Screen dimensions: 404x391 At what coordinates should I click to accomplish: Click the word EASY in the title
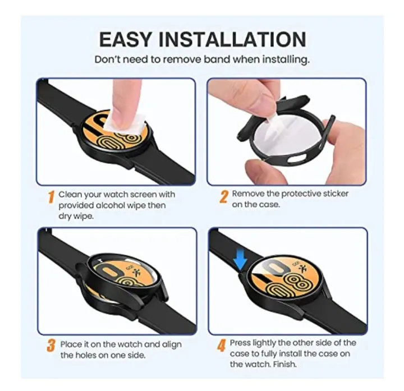(125, 39)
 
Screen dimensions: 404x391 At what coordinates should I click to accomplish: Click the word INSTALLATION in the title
(232, 39)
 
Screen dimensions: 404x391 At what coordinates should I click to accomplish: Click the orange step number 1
(51, 197)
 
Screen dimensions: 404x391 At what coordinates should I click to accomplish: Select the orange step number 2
(224, 196)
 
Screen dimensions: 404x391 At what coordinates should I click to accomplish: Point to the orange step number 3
(51, 346)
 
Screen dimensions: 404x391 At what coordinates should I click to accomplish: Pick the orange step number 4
(221, 345)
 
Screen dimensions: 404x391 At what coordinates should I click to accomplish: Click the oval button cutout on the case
(296, 159)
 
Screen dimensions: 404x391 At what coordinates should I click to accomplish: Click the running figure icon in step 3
(136, 272)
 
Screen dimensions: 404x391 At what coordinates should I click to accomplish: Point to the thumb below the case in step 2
(260, 170)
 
